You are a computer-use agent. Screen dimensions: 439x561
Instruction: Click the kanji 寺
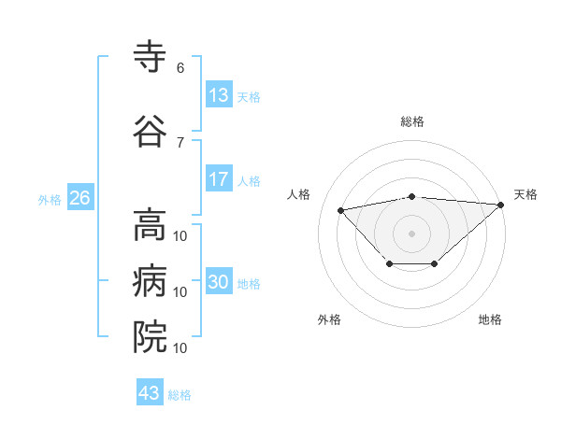pyautogui.click(x=151, y=59)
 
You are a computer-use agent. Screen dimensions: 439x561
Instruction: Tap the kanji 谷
pyautogui.click(x=151, y=132)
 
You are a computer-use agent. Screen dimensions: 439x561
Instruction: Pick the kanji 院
pyautogui.click(x=151, y=337)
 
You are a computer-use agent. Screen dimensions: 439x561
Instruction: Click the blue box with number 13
pyautogui.click(x=219, y=95)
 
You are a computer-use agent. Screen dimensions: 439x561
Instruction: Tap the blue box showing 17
pyautogui.click(x=219, y=179)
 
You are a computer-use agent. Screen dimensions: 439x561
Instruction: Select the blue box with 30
pyautogui.click(x=219, y=282)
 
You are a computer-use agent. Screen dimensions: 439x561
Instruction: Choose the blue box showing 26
pyautogui.click(x=79, y=198)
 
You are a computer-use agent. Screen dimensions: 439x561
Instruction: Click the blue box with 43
pyautogui.click(x=150, y=393)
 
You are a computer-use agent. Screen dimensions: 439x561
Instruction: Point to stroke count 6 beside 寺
pyautogui.click(x=180, y=67)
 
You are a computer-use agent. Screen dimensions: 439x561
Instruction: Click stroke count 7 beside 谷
pyautogui.click(x=180, y=142)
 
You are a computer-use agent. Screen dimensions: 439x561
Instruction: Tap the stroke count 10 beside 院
pyautogui.click(x=180, y=347)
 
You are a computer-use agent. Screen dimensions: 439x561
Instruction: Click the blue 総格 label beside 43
pyautogui.click(x=180, y=395)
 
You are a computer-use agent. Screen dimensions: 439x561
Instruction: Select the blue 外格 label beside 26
pyautogui.click(x=50, y=199)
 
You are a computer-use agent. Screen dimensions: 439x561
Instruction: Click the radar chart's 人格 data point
pyautogui.click(x=340, y=209)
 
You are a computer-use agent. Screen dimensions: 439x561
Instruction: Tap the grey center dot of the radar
pyautogui.click(x=411, y=232)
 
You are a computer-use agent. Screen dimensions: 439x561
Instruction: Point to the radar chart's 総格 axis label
pyautogui.click(x=411, y=121)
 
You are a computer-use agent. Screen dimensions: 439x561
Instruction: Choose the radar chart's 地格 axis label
pyautogui.click(x=490, y=319)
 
